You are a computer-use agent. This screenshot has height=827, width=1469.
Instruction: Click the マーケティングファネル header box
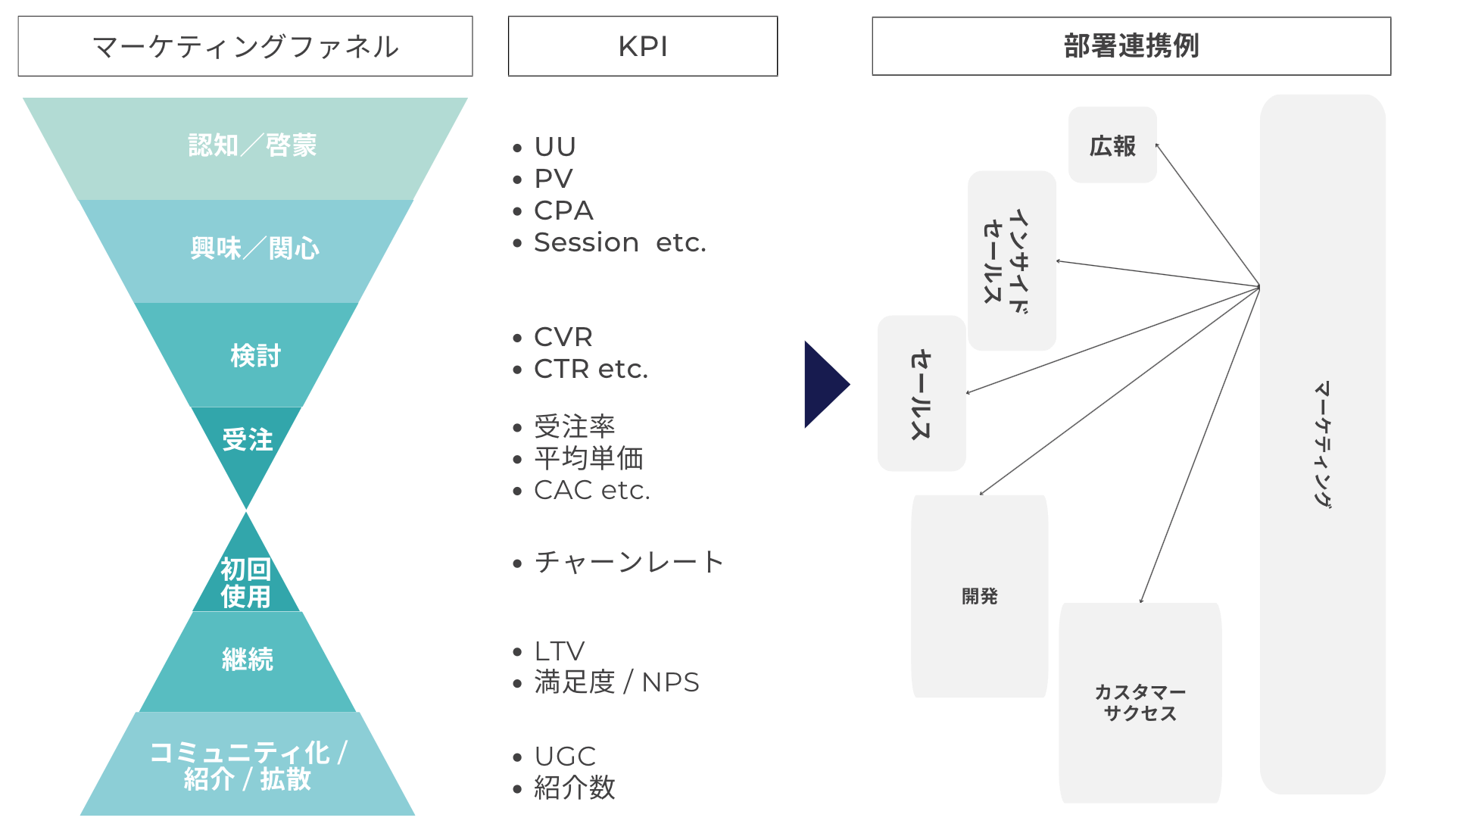245,46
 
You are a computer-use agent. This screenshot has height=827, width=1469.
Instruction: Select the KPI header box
642,46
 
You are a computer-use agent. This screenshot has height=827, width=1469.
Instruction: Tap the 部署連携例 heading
1131,46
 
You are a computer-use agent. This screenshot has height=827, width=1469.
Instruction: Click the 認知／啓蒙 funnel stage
252,145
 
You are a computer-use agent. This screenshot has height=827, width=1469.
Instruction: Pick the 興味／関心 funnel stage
254,248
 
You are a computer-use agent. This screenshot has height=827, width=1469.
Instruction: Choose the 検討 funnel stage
254,355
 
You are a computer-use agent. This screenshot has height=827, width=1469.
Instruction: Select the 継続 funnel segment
248,660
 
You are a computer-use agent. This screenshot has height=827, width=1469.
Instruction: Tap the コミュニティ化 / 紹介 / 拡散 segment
248,765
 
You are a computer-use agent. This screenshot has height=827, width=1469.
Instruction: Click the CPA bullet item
563,211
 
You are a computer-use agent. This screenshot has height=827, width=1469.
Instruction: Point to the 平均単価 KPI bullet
588,458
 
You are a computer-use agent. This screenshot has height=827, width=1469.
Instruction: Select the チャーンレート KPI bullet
628,562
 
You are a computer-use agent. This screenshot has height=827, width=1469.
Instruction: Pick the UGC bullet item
565,757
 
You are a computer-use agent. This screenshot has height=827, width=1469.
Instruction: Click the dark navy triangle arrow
823,385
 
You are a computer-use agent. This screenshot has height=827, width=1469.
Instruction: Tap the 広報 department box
1112,145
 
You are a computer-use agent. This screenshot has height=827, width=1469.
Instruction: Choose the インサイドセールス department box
1012,261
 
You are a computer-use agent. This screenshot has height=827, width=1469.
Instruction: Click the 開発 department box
979,596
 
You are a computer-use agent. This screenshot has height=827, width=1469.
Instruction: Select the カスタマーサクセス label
1140,703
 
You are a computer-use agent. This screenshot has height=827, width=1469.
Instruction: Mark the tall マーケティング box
1322,444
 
